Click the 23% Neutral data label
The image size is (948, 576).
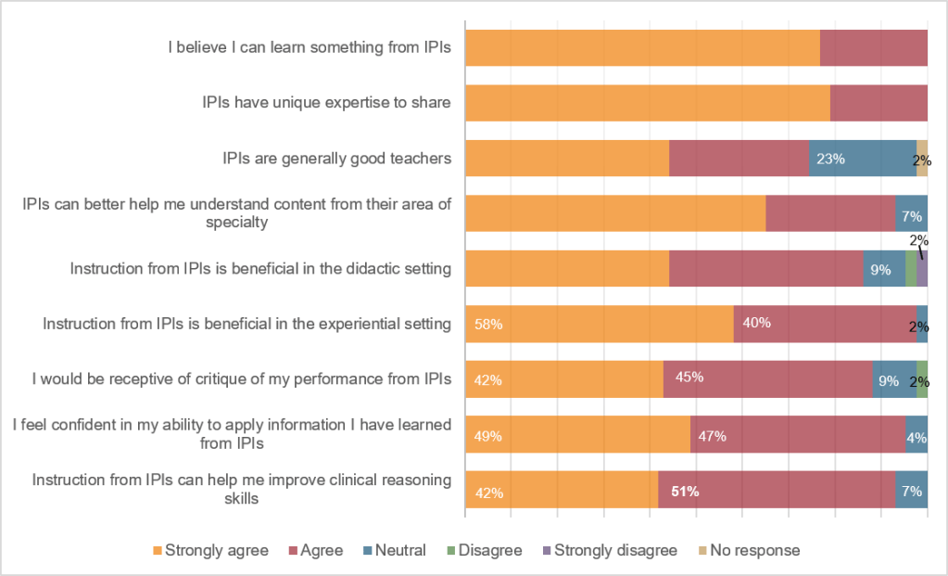(830, 159)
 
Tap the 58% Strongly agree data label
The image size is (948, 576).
(488, 325)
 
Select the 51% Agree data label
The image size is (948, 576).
(685, 492)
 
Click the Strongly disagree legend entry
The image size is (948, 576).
(610, 550)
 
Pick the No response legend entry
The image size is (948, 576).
(749, 550)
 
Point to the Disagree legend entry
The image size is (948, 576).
(485, 550)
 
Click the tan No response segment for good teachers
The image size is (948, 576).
(922, 159)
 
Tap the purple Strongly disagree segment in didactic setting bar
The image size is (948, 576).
(922, 269)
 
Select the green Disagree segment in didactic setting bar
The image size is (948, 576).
(911, 269)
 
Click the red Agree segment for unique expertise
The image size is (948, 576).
(879, 103)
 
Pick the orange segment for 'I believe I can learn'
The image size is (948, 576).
(643, 48)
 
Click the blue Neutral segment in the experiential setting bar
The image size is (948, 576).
(922, 324)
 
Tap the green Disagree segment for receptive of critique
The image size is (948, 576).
(922, 379)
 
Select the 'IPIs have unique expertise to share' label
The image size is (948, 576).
(326, 102)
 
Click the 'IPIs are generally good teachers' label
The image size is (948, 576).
(336, 158)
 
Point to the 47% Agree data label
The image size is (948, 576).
(713, 436)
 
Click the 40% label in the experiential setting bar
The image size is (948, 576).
(756, 323)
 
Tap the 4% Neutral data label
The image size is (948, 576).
(916, 437)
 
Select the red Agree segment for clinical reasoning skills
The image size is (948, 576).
(777, 490)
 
